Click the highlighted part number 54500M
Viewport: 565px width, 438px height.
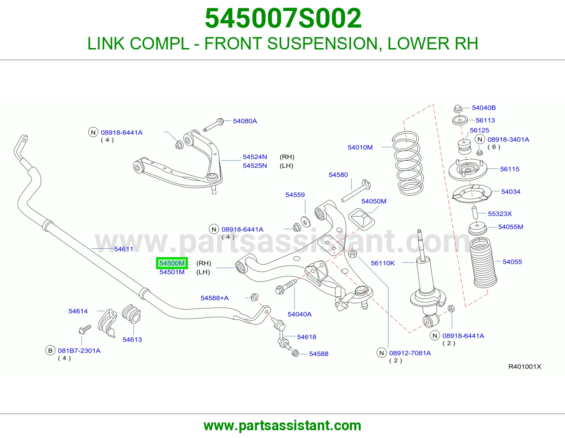click(x=172, y=263)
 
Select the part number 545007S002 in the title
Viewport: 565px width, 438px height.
click(x=283, y=18)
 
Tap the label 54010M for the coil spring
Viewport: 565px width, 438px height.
click(x=360, y=148)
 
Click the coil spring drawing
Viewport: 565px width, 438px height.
click(x=408, y=163)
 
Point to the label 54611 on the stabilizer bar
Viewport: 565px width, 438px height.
click(x=124, y=249)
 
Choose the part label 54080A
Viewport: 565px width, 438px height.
click(x=245, y=121)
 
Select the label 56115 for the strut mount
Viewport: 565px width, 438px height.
click(x=510, y=169)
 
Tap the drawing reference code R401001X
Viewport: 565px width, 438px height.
click(x=525, y=367)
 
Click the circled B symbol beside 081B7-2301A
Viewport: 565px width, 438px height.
click(x=50, y=350)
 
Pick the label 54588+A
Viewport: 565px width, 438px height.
click(x=214, y=298)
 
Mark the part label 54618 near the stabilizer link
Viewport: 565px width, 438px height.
click(x=307, y=337)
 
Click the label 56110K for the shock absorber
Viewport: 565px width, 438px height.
click(x=383, y=263)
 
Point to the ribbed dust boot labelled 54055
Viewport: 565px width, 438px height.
click(x=483, y=263)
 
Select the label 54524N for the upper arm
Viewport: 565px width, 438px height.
click(x=255, y=157)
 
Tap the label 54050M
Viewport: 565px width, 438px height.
click(x=374, y=201)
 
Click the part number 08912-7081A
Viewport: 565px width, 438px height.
click(x=410, y=353)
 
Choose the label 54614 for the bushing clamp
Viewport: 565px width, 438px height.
click(x=78, y=311)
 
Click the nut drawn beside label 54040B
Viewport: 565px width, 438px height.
click(x=458, y=108)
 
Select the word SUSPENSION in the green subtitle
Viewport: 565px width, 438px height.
click(x=322, y=43)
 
